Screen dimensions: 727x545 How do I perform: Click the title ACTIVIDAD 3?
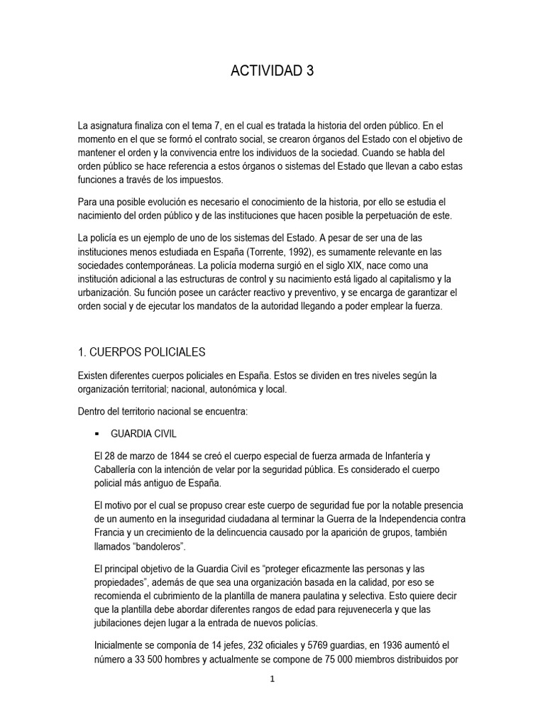click(x=272, y=70)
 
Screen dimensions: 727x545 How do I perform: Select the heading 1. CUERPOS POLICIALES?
click(x=142, y=351)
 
